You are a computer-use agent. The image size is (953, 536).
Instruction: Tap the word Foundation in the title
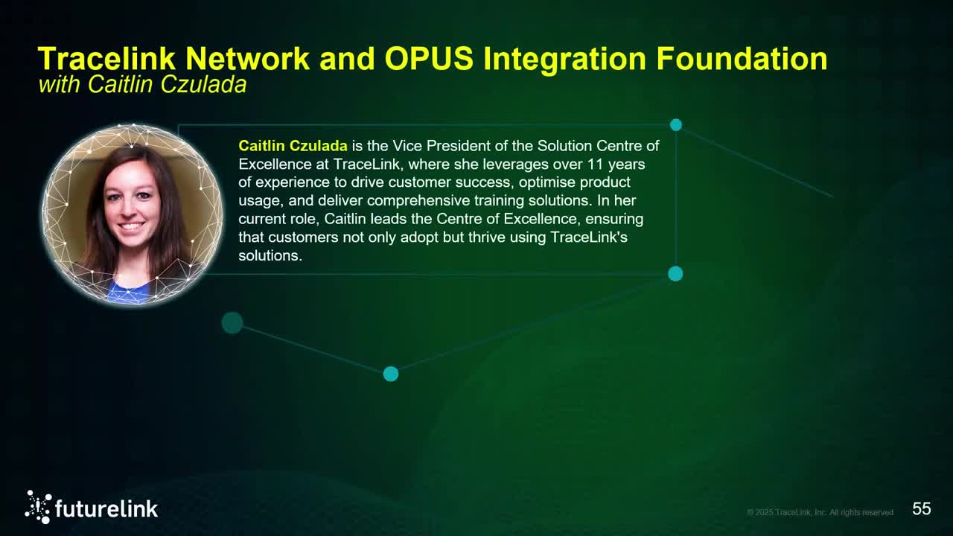coord(742,59)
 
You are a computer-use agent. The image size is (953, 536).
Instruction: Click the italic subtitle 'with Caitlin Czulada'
coord(142,85)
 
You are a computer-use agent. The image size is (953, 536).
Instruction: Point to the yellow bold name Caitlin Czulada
coord(293,146)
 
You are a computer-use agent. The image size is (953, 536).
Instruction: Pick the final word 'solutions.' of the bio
coord(270,255)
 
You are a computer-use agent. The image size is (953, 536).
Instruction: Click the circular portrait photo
coord(133,214)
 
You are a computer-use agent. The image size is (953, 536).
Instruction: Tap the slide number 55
coord(922,509)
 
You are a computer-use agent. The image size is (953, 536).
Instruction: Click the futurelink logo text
coord(106,509)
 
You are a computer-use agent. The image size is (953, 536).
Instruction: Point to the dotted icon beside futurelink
coord(38,507)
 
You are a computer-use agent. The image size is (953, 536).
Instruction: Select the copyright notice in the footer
coord(820,512)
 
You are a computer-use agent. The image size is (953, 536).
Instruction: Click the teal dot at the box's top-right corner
coord(676,125)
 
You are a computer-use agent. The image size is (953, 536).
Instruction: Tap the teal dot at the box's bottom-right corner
coord(675,274)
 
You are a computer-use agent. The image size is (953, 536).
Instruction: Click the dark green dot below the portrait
coord(232,323)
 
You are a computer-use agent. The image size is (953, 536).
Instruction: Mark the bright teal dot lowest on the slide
coord(391,374)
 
